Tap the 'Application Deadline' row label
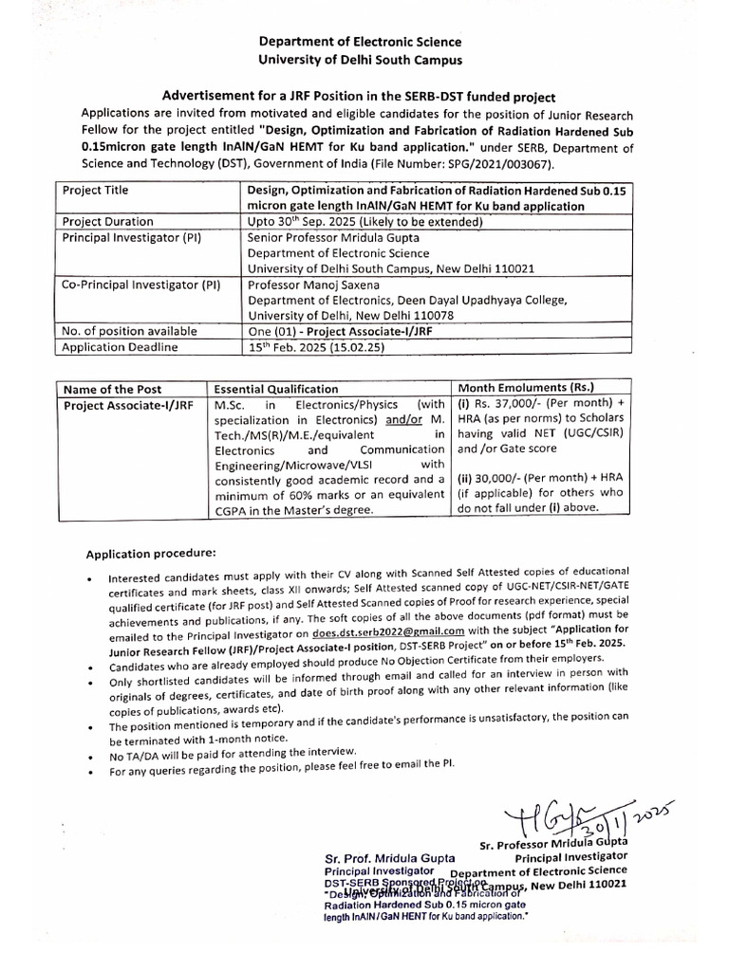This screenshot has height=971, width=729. pos(119,347)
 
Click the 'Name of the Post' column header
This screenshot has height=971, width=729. pos(112,388)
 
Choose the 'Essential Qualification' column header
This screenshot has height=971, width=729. pos(275,388)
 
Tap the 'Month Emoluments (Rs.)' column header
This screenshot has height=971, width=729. pos(526,387)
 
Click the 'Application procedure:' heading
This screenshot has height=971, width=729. pos(152,553)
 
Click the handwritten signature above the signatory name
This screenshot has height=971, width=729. pos(551,812)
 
